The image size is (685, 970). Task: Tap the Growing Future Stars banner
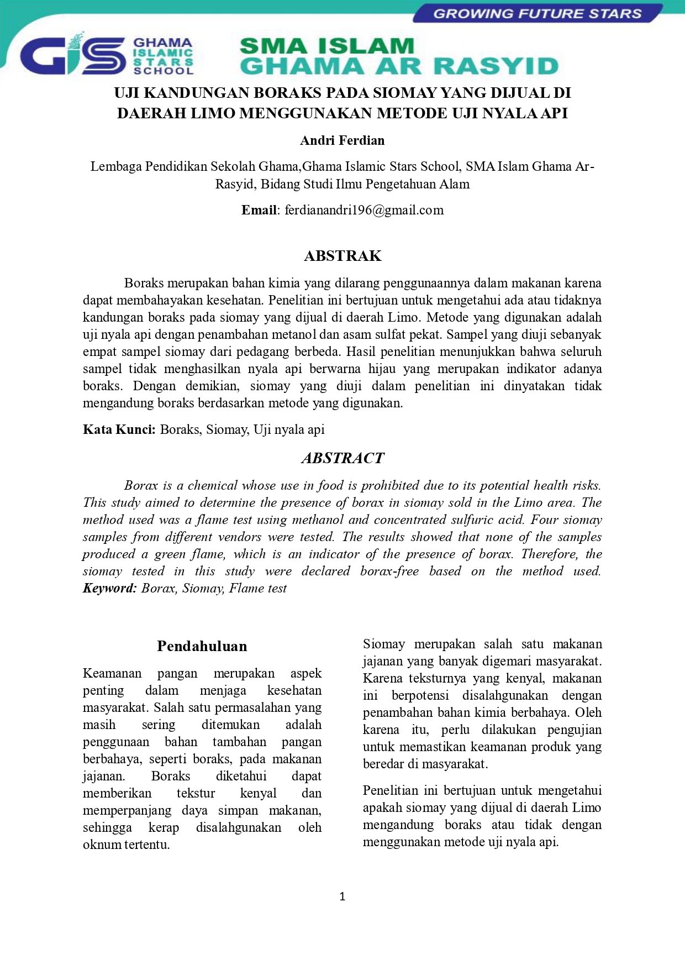537,14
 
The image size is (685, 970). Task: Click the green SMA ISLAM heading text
326,46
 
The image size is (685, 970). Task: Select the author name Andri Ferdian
342,140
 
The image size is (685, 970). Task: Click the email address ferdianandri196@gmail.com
364,210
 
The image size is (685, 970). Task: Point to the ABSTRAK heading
342,256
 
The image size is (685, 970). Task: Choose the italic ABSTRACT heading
342,458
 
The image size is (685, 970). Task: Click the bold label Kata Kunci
119,429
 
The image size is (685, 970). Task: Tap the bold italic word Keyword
109,588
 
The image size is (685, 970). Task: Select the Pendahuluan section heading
202,646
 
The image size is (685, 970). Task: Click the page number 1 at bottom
342,896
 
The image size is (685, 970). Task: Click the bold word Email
259,210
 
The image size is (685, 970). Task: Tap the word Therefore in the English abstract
550,554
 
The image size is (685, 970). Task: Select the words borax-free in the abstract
389,571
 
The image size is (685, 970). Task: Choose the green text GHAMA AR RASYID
399,66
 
